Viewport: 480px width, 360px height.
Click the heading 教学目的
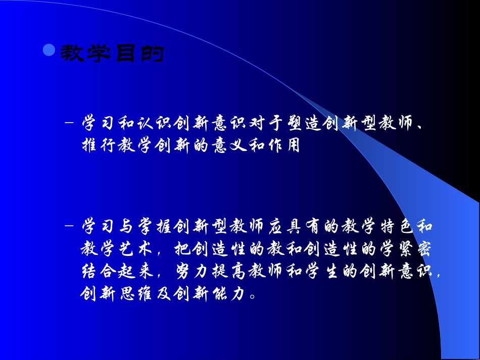(112, 53)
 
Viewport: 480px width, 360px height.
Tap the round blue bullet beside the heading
(49, 50)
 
